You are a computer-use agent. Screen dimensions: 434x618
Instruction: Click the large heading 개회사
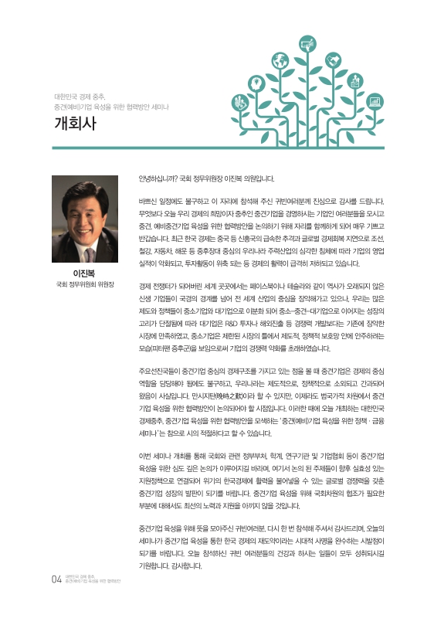(75, 124)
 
